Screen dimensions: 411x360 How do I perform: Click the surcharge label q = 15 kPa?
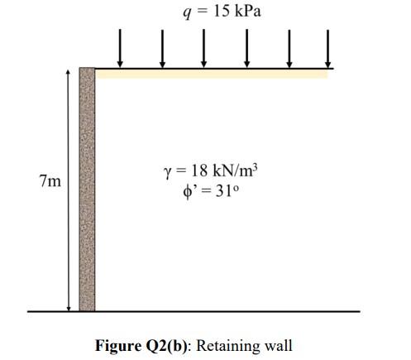(x=222, y=12)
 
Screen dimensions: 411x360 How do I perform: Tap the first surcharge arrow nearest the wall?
(x=120, y=48)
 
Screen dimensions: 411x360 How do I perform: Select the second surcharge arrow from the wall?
(x=163, y=48)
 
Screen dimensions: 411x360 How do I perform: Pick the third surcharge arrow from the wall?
(x=204, y=48)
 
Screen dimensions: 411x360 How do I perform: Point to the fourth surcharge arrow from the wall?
(x=247, y=48)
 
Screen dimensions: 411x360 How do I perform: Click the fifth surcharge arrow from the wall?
(x=289, y=48)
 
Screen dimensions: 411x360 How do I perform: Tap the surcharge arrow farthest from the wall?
(x=327, y=48)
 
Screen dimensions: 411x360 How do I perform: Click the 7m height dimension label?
(x=50, y=181)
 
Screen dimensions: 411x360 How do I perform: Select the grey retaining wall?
(x=87, y=190)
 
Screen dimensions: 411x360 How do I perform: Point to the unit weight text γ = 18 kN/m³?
(x=211, y=170)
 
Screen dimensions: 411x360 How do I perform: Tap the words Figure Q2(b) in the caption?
(x=141, y=345)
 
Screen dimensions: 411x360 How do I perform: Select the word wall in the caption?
(x=278, y=345)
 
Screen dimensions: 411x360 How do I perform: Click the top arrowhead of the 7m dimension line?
(x=69, y=72)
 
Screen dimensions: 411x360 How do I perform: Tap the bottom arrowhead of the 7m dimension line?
(x=69, y=309)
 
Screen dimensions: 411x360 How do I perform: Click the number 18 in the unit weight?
(x=199, y=170)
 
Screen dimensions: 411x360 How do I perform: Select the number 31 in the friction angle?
(x=223, y=191)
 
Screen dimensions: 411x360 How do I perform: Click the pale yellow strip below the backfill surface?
(x=212, y=74)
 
